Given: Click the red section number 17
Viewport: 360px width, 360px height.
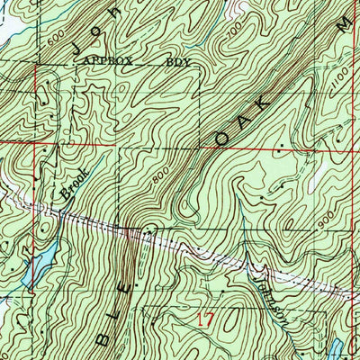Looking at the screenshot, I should click(x=206, y=318).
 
